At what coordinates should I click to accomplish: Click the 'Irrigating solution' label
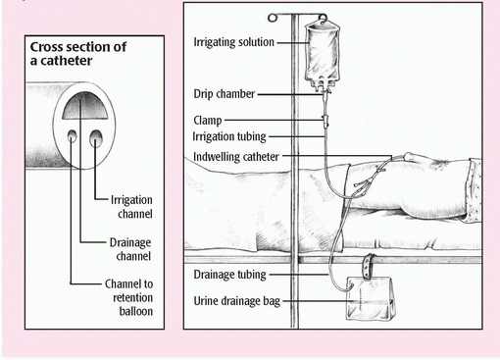click(233, 42)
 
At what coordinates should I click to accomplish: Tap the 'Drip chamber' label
click(224, 94)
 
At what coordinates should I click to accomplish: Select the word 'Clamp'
click(208, 121)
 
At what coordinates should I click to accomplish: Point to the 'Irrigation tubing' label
click(229, 136)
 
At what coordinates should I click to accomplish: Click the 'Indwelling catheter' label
click(236, 157)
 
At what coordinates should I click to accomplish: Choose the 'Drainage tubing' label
click(229, 275)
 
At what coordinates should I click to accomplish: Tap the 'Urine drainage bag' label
click(237, 301)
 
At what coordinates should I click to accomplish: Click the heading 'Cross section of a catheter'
click(78, 54)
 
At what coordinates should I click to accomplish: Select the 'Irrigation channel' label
click(131, 207)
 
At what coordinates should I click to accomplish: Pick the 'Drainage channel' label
click(130, 249)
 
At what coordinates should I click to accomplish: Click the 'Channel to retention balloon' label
click(128, 297)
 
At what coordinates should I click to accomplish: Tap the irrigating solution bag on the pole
click(323, 52)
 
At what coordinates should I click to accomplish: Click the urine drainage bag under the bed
click(371, 298)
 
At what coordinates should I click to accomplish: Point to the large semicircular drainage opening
click(85, 105)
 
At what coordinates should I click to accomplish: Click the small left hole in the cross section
click(73, 135)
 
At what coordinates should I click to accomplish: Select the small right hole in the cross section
click(96, 138)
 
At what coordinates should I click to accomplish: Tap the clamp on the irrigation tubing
click(325, 121)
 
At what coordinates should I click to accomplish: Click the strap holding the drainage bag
click(369, 266)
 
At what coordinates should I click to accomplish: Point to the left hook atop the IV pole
click(273, 18)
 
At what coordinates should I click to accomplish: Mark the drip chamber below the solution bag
click(325, 95)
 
